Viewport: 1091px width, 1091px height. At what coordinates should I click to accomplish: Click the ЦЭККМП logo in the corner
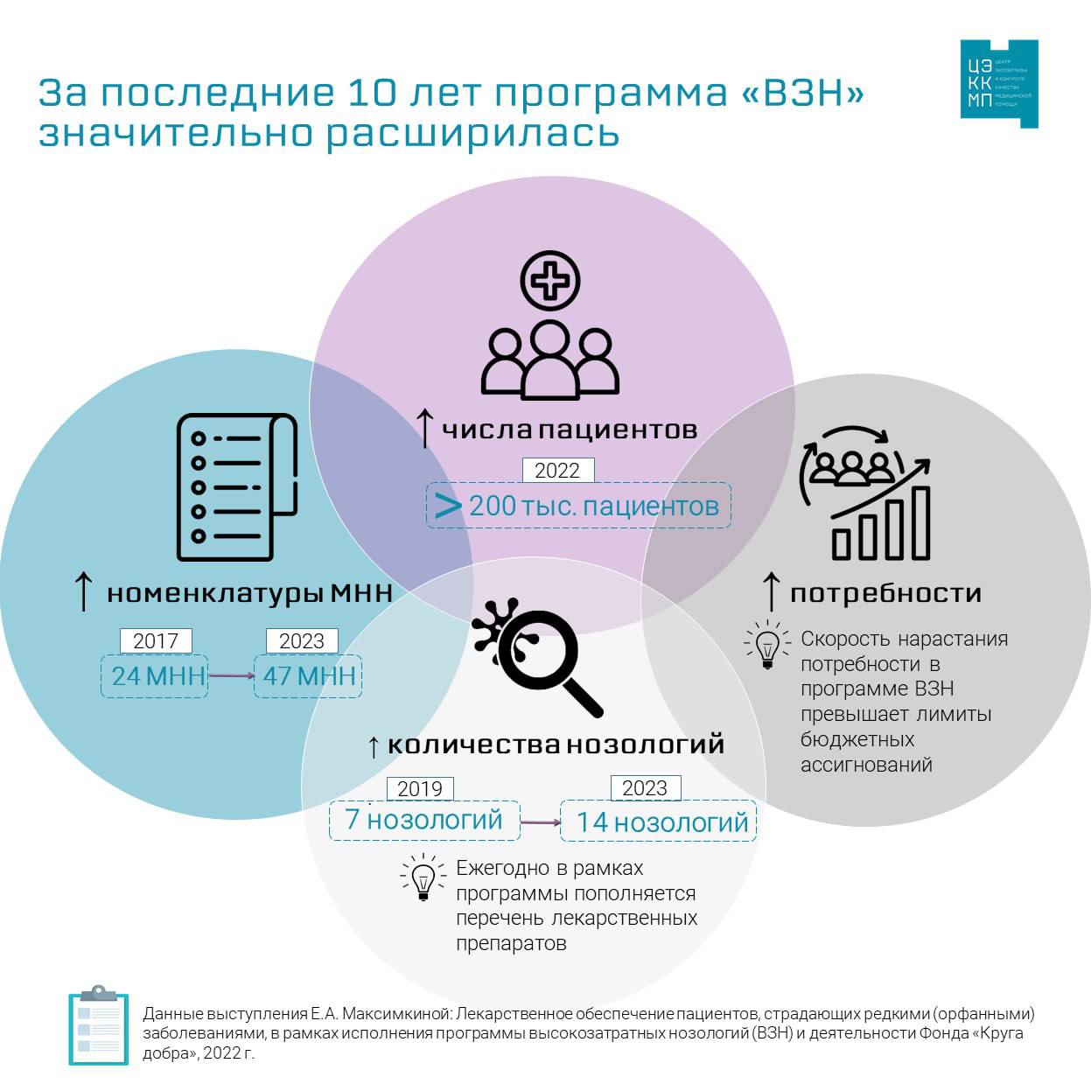tap(998, 84)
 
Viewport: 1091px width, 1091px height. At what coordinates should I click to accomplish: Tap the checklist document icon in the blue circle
tap(237, 486)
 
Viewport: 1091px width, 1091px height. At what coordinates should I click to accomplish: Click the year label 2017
tap(156, 641)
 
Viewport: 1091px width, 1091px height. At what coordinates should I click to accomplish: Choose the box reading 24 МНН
tap(155, 676)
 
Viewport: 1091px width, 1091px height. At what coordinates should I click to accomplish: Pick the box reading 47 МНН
tap(308, 676)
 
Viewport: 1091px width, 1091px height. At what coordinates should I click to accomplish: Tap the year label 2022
tap(557, 471)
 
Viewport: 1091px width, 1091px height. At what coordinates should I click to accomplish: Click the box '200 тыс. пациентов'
tap(579, 506)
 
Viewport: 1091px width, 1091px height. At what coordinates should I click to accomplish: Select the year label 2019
tap(420, 789)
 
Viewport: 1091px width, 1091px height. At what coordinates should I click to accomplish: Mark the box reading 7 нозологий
tap(424, 821)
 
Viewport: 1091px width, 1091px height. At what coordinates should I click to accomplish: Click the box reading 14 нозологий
tap(659, 822)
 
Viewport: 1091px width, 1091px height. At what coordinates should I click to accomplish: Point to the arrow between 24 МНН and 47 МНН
tap(231, 675)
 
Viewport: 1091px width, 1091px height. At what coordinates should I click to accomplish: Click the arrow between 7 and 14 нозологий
tap(541, 822)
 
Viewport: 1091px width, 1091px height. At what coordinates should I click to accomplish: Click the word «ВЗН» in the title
tap(802, 93)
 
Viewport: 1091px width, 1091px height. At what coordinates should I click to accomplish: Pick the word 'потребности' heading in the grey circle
tap(885, 593)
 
